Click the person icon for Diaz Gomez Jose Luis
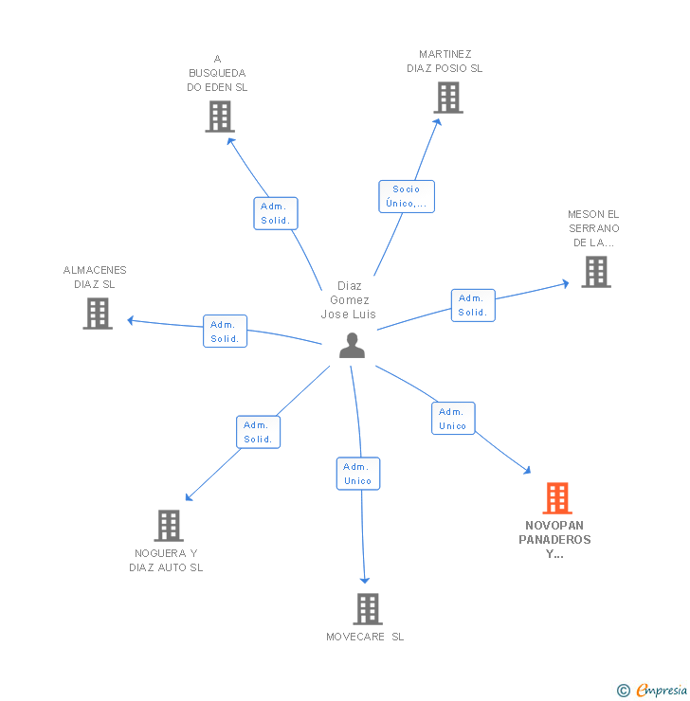(352, 346)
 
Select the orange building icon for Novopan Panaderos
(556, 498)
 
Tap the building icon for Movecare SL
(367, 609)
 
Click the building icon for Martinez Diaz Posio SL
(448, 97)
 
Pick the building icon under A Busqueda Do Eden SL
(219, 116)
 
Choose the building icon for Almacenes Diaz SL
(98, 313)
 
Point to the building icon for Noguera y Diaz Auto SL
(168, 525)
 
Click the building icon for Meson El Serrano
(595, 272)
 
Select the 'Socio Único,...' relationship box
(407, 196)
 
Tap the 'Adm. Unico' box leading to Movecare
(357, 474)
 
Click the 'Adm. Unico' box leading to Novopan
(453, 419)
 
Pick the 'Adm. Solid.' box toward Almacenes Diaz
(225, 331)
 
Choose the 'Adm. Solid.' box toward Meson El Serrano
(472, 305)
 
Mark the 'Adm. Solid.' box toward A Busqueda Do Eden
(276, 213)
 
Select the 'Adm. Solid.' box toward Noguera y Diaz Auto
(258, 432)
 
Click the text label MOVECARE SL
(365, 637)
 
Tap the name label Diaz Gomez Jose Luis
(348, 300)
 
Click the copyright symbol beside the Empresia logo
(624, 691)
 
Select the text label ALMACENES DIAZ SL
(95, 277)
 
